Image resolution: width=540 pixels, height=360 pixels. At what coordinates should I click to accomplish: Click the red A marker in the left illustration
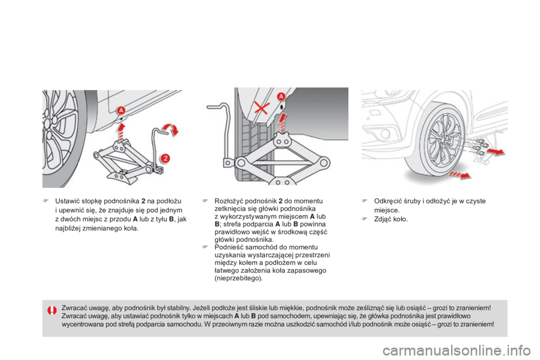[x=120, y=111]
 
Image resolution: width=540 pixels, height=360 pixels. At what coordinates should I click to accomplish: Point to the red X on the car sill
[x=260, y=107]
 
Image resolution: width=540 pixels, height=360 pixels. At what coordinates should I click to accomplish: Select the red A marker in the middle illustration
[x=282, y=97]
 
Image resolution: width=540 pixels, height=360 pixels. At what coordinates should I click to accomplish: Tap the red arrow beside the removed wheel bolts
[x=494, y=152]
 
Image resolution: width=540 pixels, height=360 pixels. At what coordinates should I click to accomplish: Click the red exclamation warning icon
[x=52, y=311]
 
